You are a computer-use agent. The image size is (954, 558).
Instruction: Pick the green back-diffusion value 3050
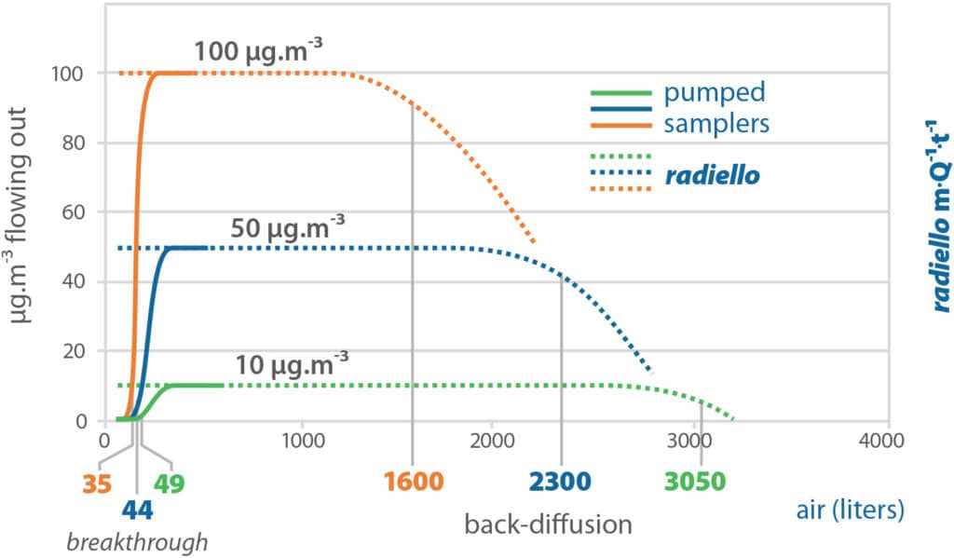point(694,483)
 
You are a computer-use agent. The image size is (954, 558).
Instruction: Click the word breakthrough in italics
point(136,541)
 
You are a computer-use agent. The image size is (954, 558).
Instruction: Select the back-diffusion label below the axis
point(548,524)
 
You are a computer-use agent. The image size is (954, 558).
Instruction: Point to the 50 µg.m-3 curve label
point(288,226)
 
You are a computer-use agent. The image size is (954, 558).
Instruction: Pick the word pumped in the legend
point(715,93)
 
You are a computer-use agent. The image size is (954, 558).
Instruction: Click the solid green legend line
point(620,93)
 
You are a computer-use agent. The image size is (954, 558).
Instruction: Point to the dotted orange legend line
point(620,188)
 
